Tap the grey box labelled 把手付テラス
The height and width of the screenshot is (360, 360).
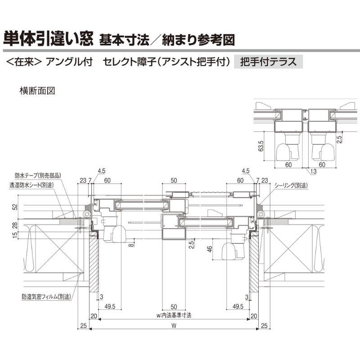pos(269,61)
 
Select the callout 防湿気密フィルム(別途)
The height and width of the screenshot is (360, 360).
pos(46,297)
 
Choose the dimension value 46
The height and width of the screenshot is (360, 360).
pos(210,249)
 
